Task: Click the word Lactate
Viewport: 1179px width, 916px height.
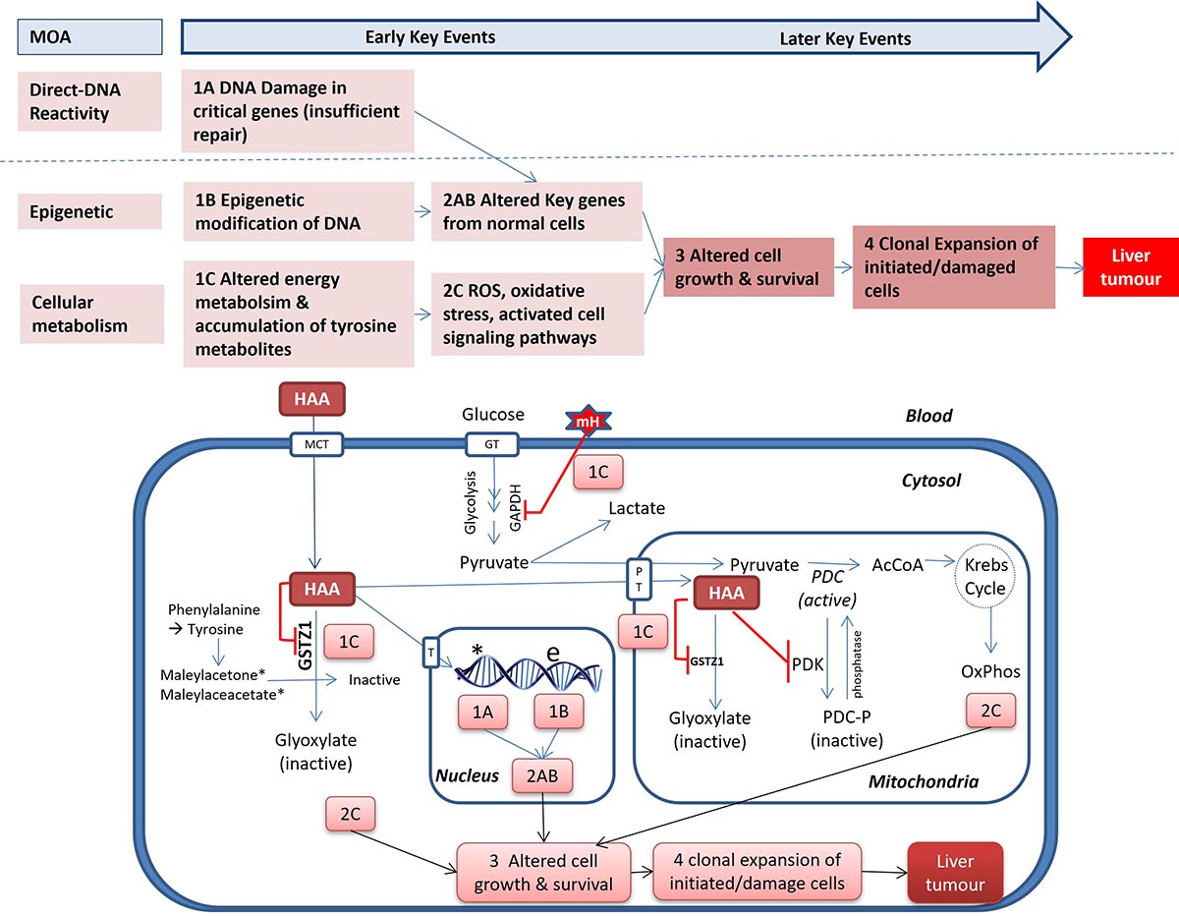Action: [x=637, y=509]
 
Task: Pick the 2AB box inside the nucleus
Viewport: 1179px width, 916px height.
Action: [x=543, y=775]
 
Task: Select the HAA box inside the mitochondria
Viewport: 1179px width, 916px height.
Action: [x=726, y=593]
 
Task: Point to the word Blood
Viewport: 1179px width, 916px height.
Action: [x=929, y=417]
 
